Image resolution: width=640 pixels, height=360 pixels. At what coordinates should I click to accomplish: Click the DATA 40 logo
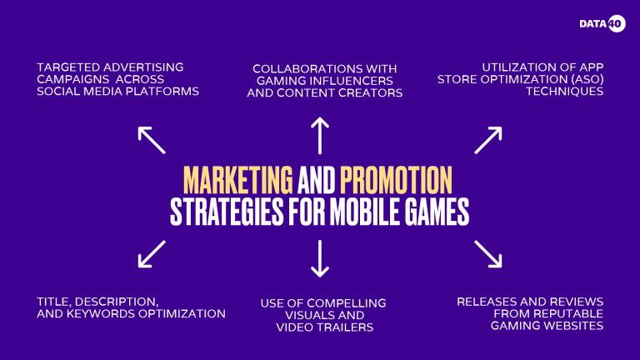click(x=602, y=23)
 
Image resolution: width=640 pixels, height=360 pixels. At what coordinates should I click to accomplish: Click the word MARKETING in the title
click(x=237, y=179)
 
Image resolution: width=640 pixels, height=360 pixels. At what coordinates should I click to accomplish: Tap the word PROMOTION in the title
click(x=396, y=179)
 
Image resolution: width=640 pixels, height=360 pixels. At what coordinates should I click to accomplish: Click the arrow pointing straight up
click(x=320, y=134)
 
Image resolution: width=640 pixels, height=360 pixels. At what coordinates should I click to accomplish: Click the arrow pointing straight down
click(x=320, y=258)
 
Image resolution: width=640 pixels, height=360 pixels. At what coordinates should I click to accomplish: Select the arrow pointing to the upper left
click(x=152, y=140)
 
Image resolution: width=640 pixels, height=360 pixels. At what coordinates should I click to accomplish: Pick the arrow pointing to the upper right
click(x=487, y=140)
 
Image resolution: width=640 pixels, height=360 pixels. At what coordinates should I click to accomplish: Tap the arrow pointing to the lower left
click(x=152, y=254)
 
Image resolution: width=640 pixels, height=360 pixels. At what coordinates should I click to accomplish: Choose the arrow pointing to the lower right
click(x=487, y=254)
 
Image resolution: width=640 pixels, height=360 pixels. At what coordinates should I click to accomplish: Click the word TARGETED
click(x=69, y=66)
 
